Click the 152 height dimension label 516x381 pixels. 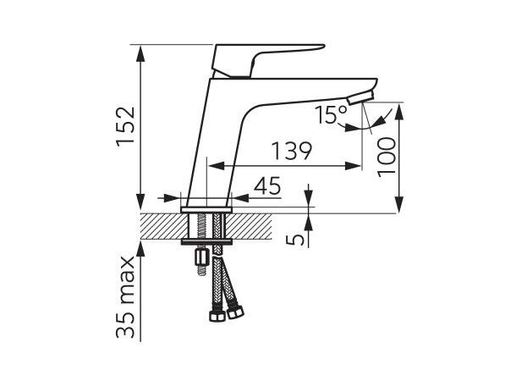[124, 125]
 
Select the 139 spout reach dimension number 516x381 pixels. [291, 152]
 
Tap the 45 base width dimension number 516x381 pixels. [267, 186]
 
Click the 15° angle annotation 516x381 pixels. [330, 114]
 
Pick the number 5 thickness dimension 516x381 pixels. [293, 239]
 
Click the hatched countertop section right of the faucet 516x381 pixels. [254, 225]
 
